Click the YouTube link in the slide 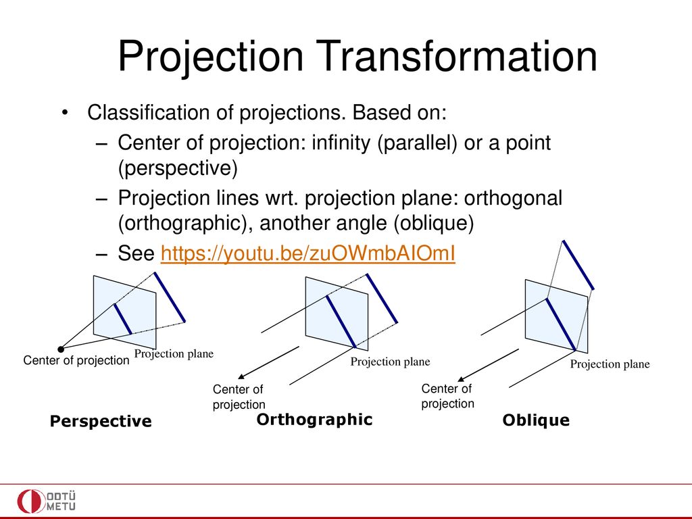(x=307, y=253)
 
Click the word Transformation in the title (x=456, y=56)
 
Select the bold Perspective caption (x=101, y=421)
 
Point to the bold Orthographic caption (x=315, y=420)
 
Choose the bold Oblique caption (x=536, y=420)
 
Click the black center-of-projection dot (x=61, y=349)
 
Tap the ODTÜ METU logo (x=47, y=501)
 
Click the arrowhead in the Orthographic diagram (x=241, y=376)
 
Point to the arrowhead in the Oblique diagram (x=461, y=378)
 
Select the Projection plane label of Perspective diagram (x=174, y=353)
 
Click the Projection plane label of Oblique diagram (x=610, y=364)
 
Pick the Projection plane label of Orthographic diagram (x=390, y=362)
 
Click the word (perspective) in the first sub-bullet (x=178, y=168)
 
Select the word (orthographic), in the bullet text (x=185, y=223)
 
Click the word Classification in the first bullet (x=148, y=113)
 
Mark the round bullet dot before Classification (x=65, y=113)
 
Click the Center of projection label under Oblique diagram (x=447, y=396)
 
